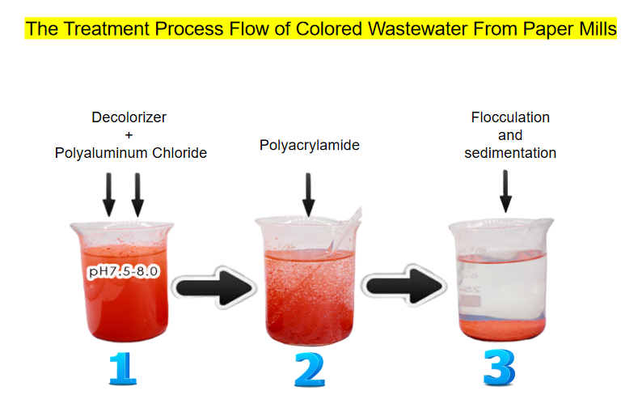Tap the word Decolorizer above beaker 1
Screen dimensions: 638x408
click(x=129, y=117)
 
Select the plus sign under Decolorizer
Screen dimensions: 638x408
click(x=129, y=134)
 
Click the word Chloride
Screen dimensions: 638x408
click(x=180, y=153)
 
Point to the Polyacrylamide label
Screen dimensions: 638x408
click(x=310, y=146)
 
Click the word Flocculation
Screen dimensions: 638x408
click(x=510, y=117)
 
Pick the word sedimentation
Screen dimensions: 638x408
click(x=510, y=153)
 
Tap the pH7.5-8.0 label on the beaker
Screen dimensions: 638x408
click(x=123, y=271)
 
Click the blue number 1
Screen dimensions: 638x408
click(x=122, y=369)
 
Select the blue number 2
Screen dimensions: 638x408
click(x=310, y=369)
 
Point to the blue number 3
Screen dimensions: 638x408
click(x=499, y=368)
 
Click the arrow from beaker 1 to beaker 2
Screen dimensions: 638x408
click(x=214, y=287)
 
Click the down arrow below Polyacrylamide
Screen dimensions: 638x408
click(x=308, y=194)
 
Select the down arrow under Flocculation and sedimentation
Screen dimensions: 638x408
click(x=505, y=191)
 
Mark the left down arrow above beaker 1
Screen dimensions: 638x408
click(x=109, y=194)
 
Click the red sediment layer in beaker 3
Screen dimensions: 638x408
click(x=502, y=328)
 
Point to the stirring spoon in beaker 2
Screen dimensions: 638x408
click(x=342, y=233)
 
